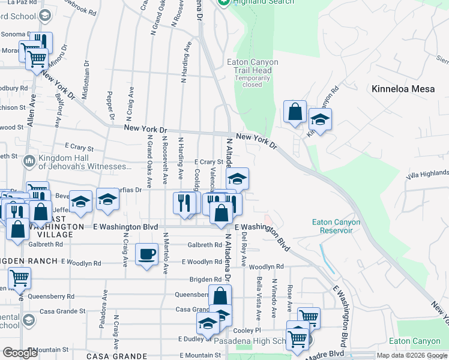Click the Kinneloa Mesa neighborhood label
click(x=400, y=89)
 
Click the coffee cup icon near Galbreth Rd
click(x=147, y=254)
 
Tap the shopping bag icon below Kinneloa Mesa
click(x=295, y=112)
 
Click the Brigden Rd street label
click(x=205, y=280)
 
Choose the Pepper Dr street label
click(x=110, y=101)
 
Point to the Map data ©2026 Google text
click(x=412, y=355)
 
